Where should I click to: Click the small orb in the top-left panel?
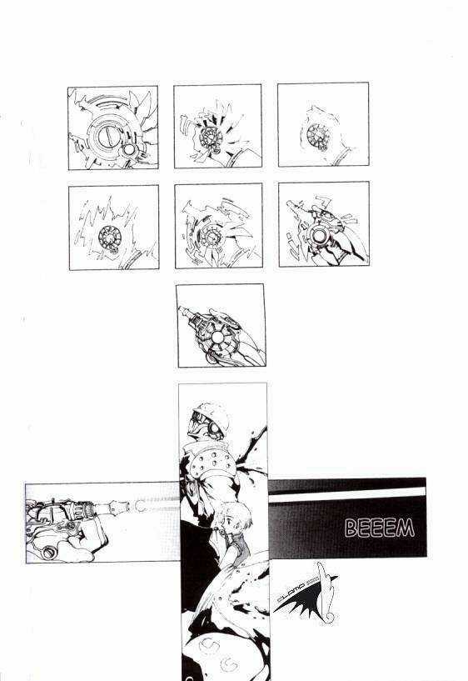point(128,148)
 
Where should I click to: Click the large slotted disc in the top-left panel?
point(107,133)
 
